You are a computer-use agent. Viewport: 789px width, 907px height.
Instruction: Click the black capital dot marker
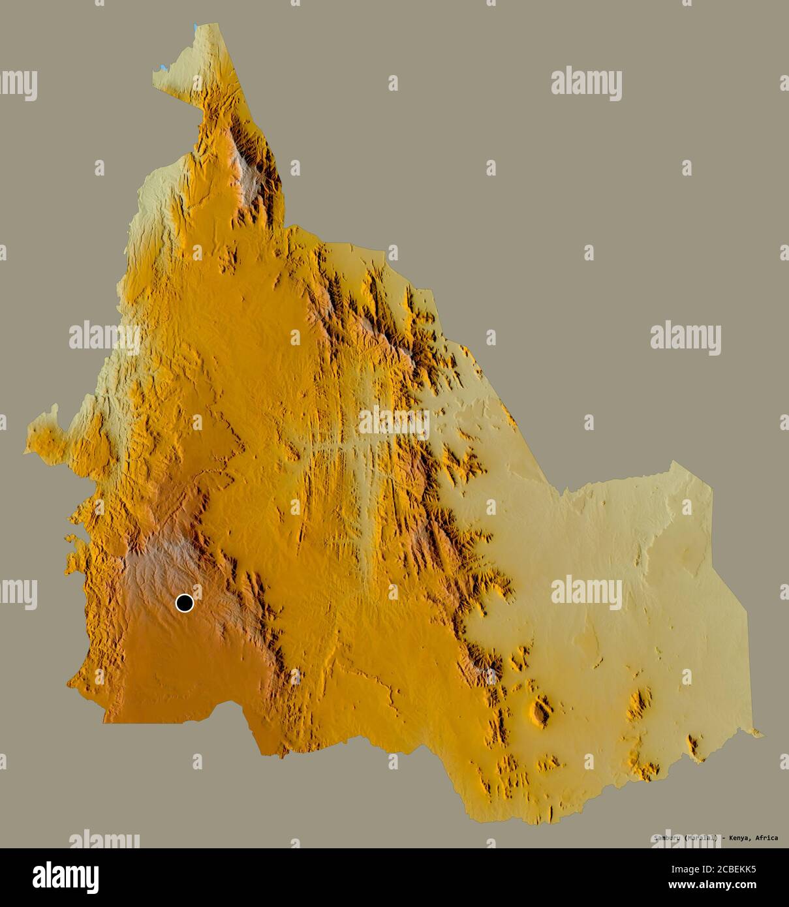click(x=185, y=603)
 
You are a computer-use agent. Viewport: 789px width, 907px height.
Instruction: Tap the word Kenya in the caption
click(x=737, y=837)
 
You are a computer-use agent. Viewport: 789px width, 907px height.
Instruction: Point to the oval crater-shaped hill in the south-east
click(x=541, y=712)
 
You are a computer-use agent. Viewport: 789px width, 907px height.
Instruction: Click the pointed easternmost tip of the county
click(x=763, y=735)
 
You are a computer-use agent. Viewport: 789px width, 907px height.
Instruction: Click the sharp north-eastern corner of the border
click(x=672, y=462)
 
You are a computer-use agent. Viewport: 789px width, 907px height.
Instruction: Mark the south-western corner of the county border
click(x=105, y=721)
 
